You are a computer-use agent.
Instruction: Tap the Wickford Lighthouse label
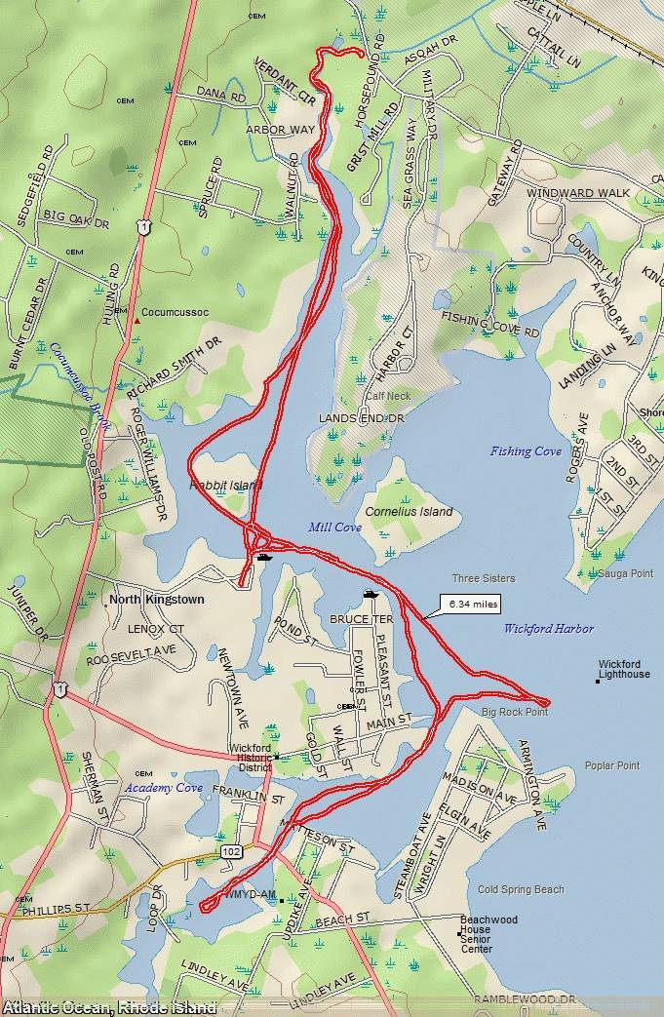[624, 668]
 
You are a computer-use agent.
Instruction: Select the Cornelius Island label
[409, 512]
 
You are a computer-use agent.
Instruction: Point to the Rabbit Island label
[225, 484]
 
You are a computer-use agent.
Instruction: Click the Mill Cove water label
[334, 528]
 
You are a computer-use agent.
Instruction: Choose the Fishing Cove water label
[526, 451]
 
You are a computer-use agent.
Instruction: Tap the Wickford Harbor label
[549, 629]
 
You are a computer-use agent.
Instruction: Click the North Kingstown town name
[157, 600]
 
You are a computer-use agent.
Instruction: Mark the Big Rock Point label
[515, 713]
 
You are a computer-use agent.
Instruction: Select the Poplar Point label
[612, 766]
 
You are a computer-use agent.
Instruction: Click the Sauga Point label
[625, 573]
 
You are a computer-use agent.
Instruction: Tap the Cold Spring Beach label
[521, 889]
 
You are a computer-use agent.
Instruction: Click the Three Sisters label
[484, 578]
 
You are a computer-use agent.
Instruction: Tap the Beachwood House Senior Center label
[488, 934]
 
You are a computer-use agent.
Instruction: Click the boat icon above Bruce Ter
[371, 594]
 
